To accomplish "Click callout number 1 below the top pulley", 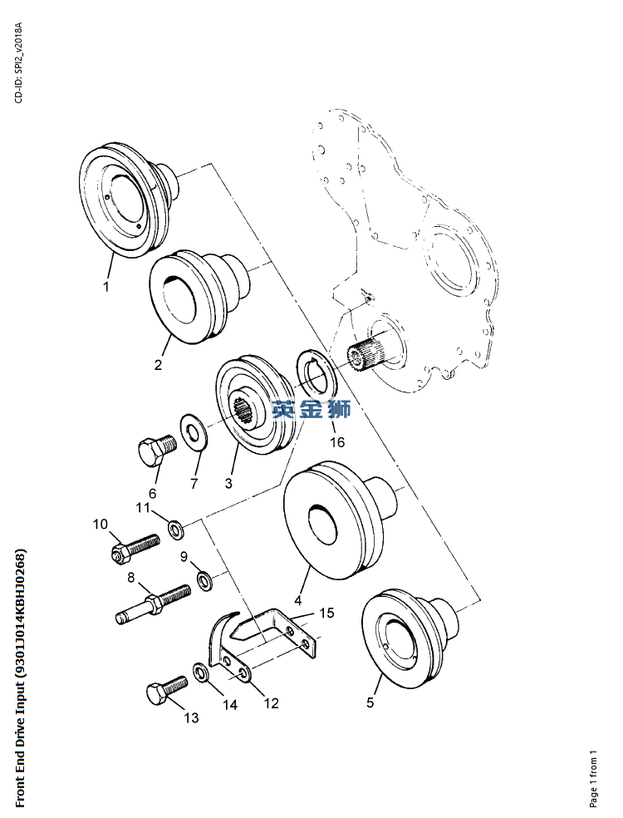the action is point(106,287).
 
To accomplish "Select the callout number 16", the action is point(337,442).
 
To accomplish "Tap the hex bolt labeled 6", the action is point(157,450).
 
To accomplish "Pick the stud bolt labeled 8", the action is point(153,603).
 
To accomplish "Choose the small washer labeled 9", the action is point(204,580).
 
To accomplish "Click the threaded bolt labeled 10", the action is point(135,548).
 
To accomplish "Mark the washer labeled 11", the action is point(175,529).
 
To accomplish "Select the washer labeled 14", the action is point(202,673).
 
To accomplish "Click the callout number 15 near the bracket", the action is point(326,613).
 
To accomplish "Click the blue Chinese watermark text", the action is point(311,409).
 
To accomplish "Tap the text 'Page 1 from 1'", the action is point(593,778).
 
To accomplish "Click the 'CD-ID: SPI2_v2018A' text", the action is point(19,63).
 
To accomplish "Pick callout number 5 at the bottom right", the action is point(370,702).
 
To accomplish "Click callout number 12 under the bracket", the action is point(271,703).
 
